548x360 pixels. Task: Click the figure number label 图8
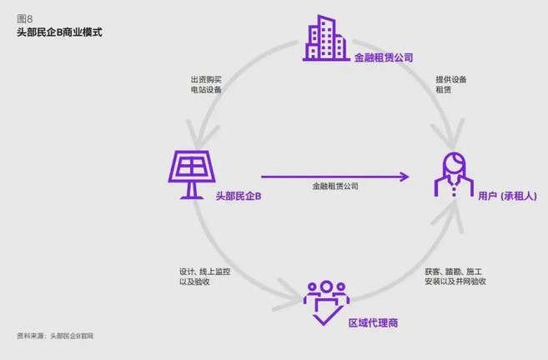[24, 18]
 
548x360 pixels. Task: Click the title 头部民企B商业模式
[59, 32]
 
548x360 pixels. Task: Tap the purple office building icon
[326, 38]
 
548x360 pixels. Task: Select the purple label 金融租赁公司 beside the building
[384, 57]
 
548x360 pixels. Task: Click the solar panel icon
[192, 175]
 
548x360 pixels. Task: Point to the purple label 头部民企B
[239, 196]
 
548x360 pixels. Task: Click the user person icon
[454, 174]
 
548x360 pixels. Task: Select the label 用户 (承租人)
[507, 196]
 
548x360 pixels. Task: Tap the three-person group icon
[326, 302]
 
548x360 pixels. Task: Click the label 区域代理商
[373, 323]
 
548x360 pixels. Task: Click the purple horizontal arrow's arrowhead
[405, 177]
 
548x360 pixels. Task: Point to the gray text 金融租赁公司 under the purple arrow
[335, 186]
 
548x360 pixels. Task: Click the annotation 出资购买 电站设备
[206, 84]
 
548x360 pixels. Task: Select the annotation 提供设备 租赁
[451, 84]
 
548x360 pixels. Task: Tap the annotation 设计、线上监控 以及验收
[205, 277]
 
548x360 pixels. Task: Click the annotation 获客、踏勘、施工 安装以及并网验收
[455, 277]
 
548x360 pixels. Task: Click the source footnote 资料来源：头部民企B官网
[55, 336]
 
